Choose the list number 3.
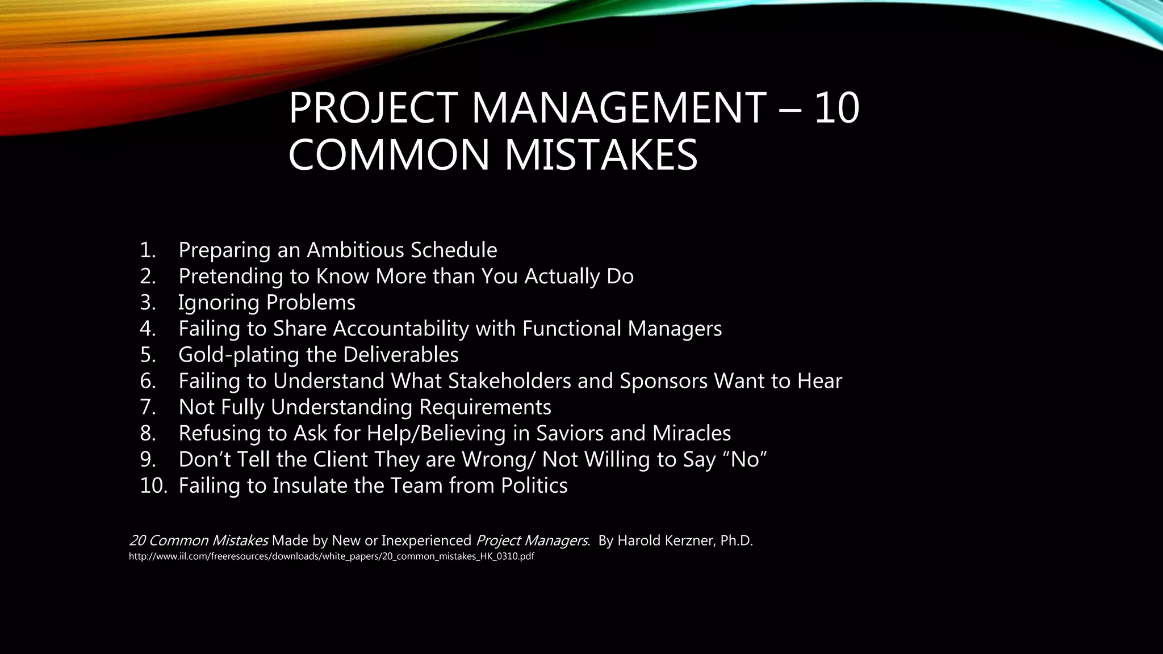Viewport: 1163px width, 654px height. [x=148, y=303]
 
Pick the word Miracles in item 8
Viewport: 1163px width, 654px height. [x=691, y=433]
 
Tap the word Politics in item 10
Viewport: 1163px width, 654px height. [x=534, y=485]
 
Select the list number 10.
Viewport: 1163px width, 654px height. [x=153, y=485]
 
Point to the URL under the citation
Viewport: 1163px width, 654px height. [x=332, y=556]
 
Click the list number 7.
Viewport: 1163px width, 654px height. [x=148, y=407]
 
